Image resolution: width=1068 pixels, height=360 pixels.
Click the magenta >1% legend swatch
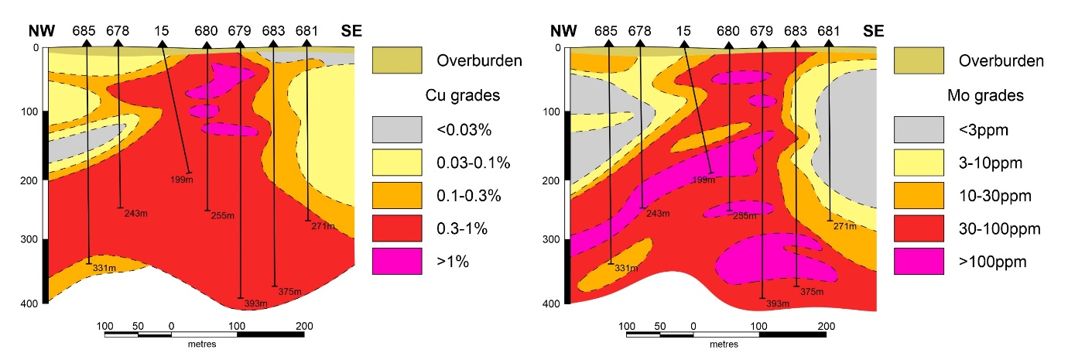coord(396,261)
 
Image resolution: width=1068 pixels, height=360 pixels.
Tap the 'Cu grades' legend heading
coord(463,96)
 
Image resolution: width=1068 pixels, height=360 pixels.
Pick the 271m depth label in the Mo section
coord(845,226)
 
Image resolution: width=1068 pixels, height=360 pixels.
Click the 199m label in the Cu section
coord(182,180)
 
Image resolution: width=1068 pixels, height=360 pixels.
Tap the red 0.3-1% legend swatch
coord(396,228)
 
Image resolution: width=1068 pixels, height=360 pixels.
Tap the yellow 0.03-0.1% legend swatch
coord(396,163)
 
